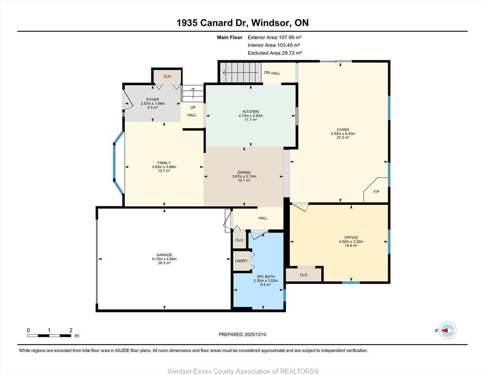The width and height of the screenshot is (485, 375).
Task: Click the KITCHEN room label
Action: (x=251, y=112)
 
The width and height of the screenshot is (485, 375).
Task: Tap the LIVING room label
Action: (x=343, y=129)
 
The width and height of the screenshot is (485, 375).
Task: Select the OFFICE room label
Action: (x=351, y=237)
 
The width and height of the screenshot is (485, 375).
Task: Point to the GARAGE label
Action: (x=164, y=255)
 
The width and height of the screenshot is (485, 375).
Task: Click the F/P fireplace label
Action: (x=376, y=192)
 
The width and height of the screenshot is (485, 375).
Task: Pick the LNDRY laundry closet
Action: (x=241, y=261)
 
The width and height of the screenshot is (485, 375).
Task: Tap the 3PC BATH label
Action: (x=266, y=277)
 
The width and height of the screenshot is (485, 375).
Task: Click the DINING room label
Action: (x=244, y=172)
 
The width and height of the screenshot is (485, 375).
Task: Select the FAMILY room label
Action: (x=164, y=163)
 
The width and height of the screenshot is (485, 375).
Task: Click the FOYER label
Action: (x=152, y=100)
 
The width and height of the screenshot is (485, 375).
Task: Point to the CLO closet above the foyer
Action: (x=167, y=76)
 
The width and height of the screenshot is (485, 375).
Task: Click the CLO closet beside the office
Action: (x=304, y=274)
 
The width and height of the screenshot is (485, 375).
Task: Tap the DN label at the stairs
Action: (x=267, y=73)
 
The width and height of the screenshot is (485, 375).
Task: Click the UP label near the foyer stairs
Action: (x=193, y=107)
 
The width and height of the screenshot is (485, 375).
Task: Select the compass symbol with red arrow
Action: (x=447, y=331)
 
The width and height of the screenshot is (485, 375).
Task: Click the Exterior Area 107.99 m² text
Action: (x=274, y=38)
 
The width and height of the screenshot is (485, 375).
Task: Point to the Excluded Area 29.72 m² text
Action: (x=274, y=53)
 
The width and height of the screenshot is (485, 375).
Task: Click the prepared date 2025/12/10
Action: (x=255, y=334)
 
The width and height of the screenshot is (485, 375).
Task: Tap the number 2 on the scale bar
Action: (x=71, y=330)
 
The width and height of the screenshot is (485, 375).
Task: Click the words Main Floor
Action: (x=230, y=38)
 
